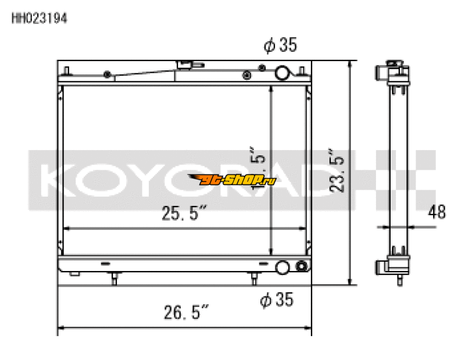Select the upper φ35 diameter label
[280, 46]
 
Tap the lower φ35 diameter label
[277, 300]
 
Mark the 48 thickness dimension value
[437, 212]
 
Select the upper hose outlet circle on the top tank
[282, 73]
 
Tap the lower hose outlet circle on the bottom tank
[282, 267]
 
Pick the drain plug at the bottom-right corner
[301, 267]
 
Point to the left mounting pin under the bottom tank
[114, 280]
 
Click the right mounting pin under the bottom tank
[253, 280]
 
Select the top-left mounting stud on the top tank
[68, 72]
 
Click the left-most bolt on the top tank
[107, 74]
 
